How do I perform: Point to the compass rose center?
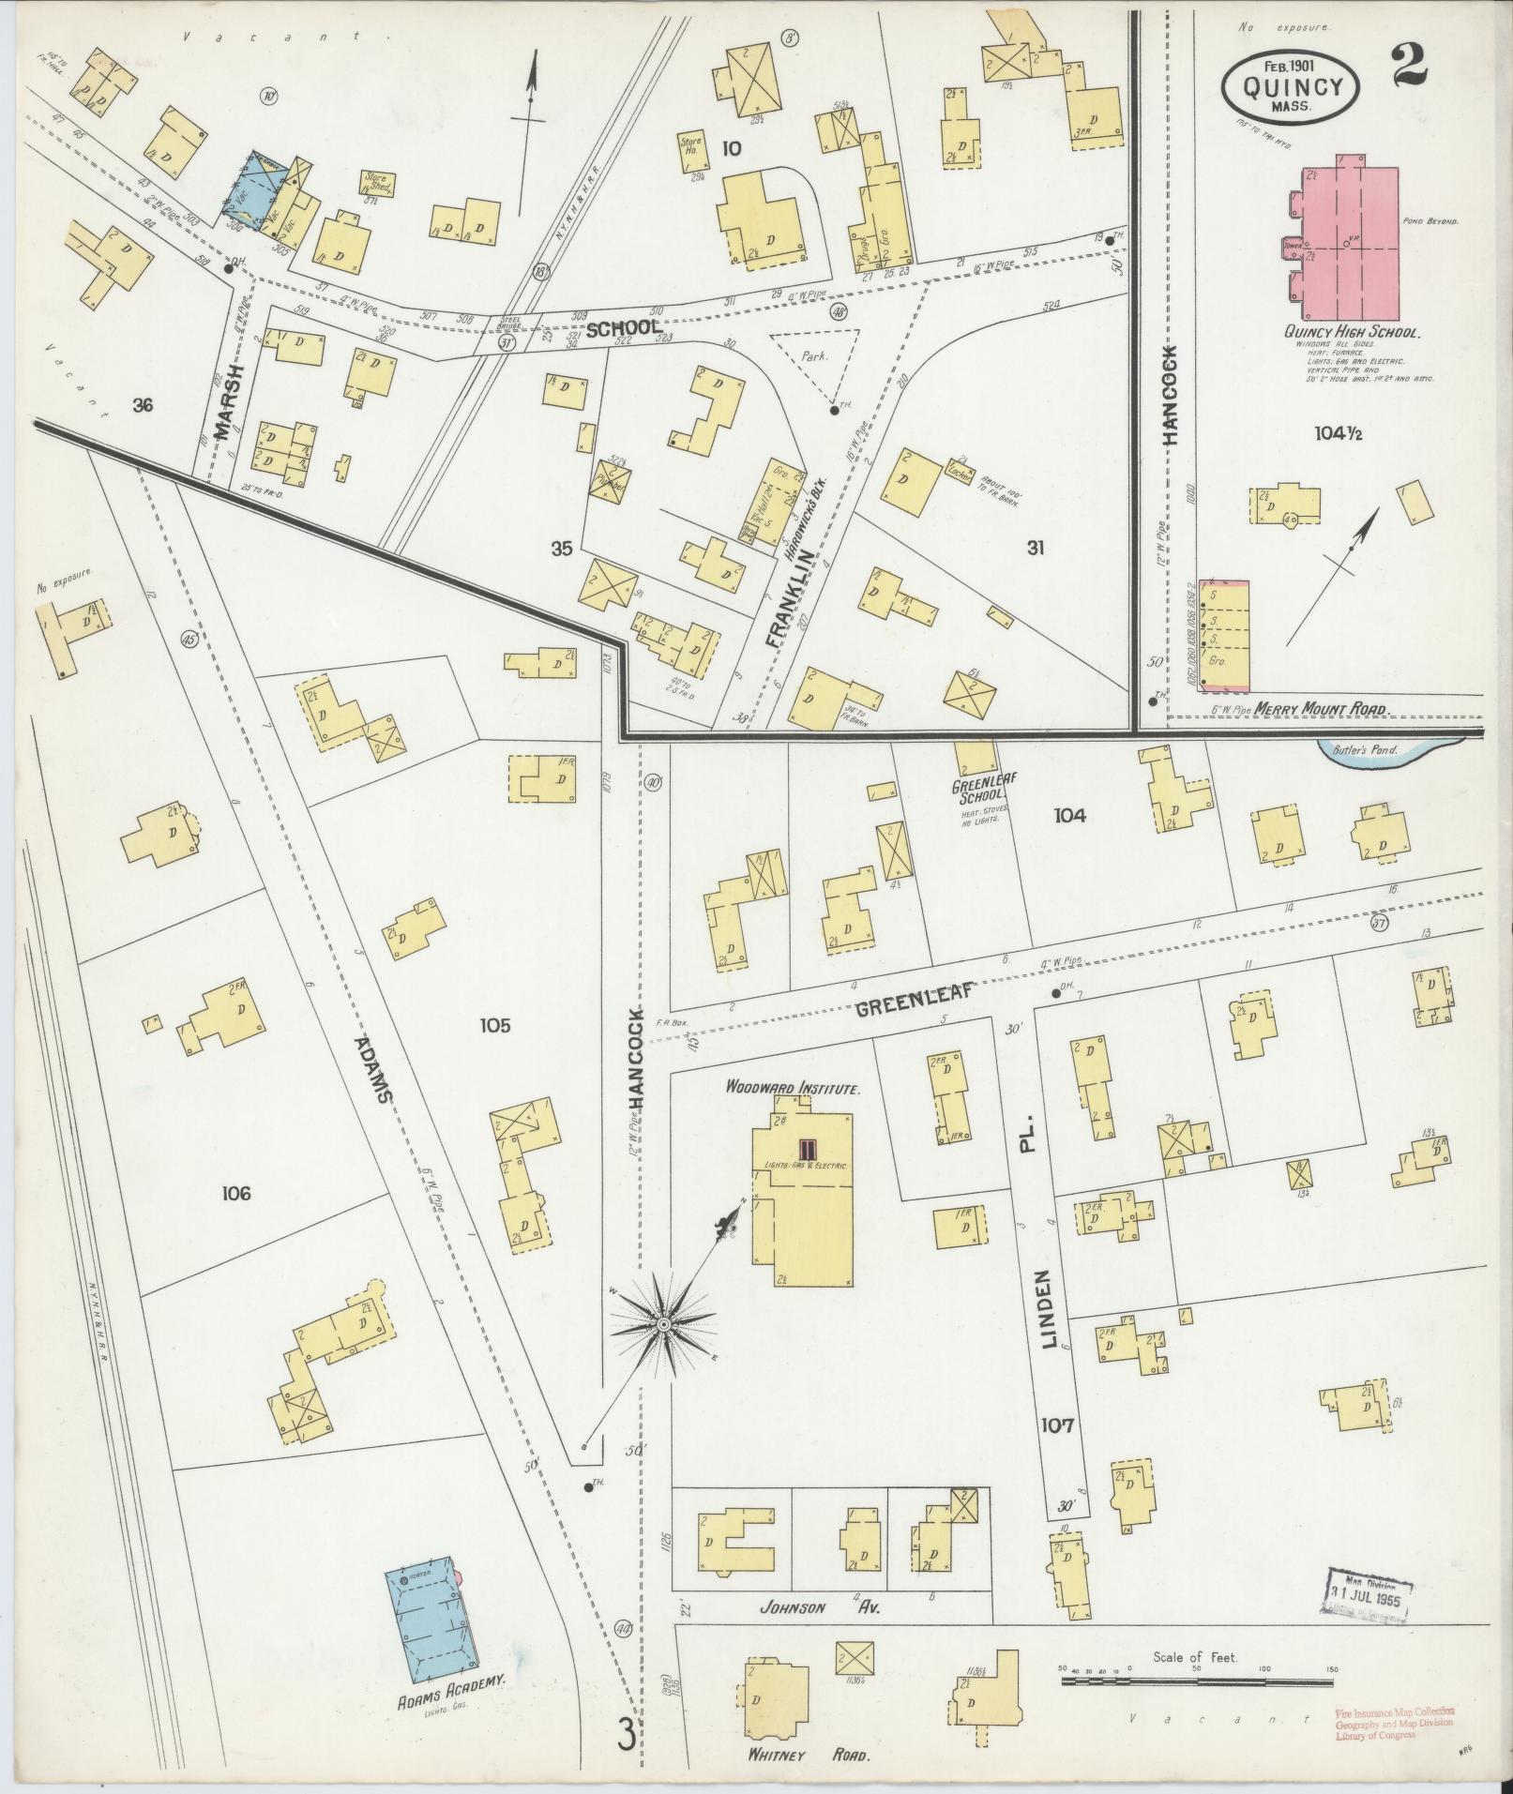[x=663, y=1324]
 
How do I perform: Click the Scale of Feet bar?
[x=1196, y=1681]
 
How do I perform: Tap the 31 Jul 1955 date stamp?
[x=1370, y=1590]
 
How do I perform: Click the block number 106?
[x=237, y=1194]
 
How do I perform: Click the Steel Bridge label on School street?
[x=514, y=323]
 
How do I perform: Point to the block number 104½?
[x=1342, y=433]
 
